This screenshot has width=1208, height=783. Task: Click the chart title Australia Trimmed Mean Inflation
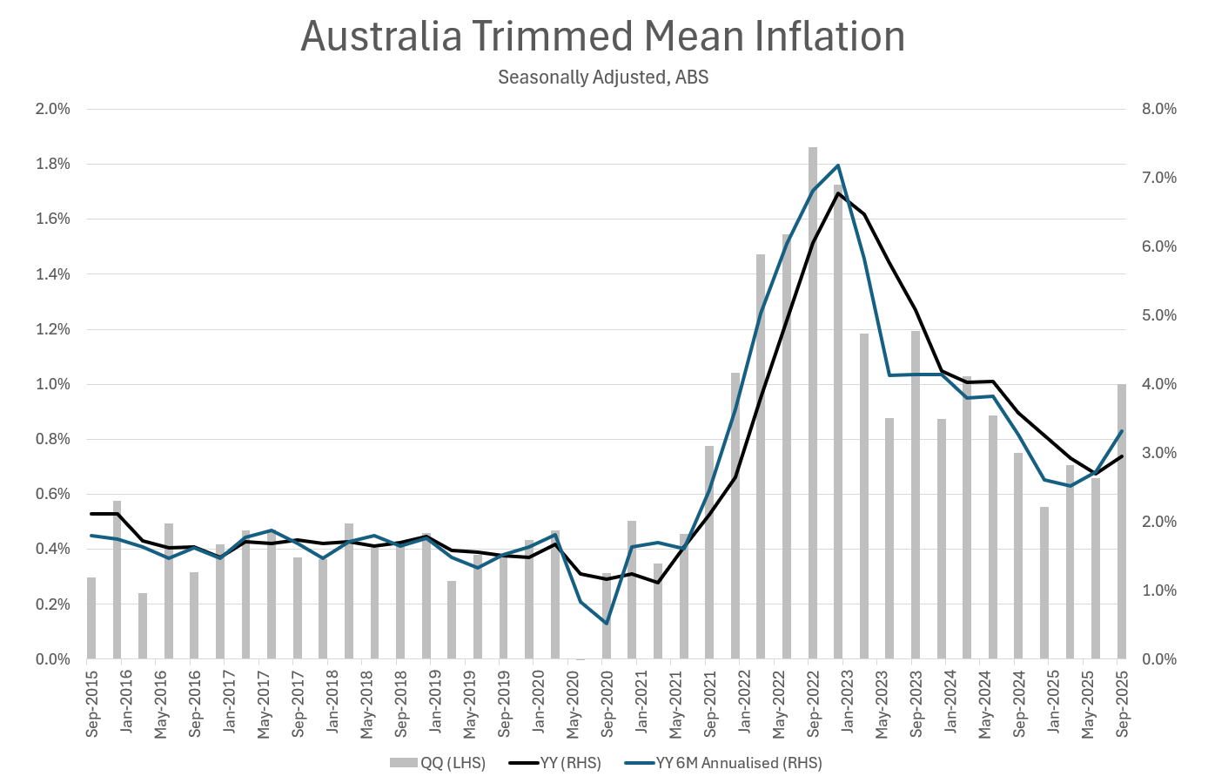point(602,37)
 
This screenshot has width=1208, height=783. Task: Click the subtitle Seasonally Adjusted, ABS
point(602,78)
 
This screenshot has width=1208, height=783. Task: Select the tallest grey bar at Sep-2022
point(813,401)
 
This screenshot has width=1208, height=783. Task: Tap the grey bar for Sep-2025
point(1122,523)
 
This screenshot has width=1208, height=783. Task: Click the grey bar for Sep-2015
point(91,618)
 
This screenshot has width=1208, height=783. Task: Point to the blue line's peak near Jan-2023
point(837,165)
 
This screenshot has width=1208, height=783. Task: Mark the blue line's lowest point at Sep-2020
point(607,623)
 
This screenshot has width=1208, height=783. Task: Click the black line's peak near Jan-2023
point(837,193)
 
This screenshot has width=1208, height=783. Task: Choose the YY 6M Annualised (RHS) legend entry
point(724,763)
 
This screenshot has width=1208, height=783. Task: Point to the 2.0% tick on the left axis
point(52,109)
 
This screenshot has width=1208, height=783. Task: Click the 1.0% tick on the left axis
point(52,384)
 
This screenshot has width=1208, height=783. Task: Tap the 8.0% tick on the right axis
point(1158,109)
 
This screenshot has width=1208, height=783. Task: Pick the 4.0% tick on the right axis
point(1158,384)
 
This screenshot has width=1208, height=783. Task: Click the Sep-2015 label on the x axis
point(92,704)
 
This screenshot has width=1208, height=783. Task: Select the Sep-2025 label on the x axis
point(1123,704)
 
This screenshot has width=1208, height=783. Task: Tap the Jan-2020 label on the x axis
point(539,704)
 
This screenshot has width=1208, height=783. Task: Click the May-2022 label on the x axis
point(779,704)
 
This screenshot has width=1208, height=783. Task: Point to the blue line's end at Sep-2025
point(1121,431)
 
